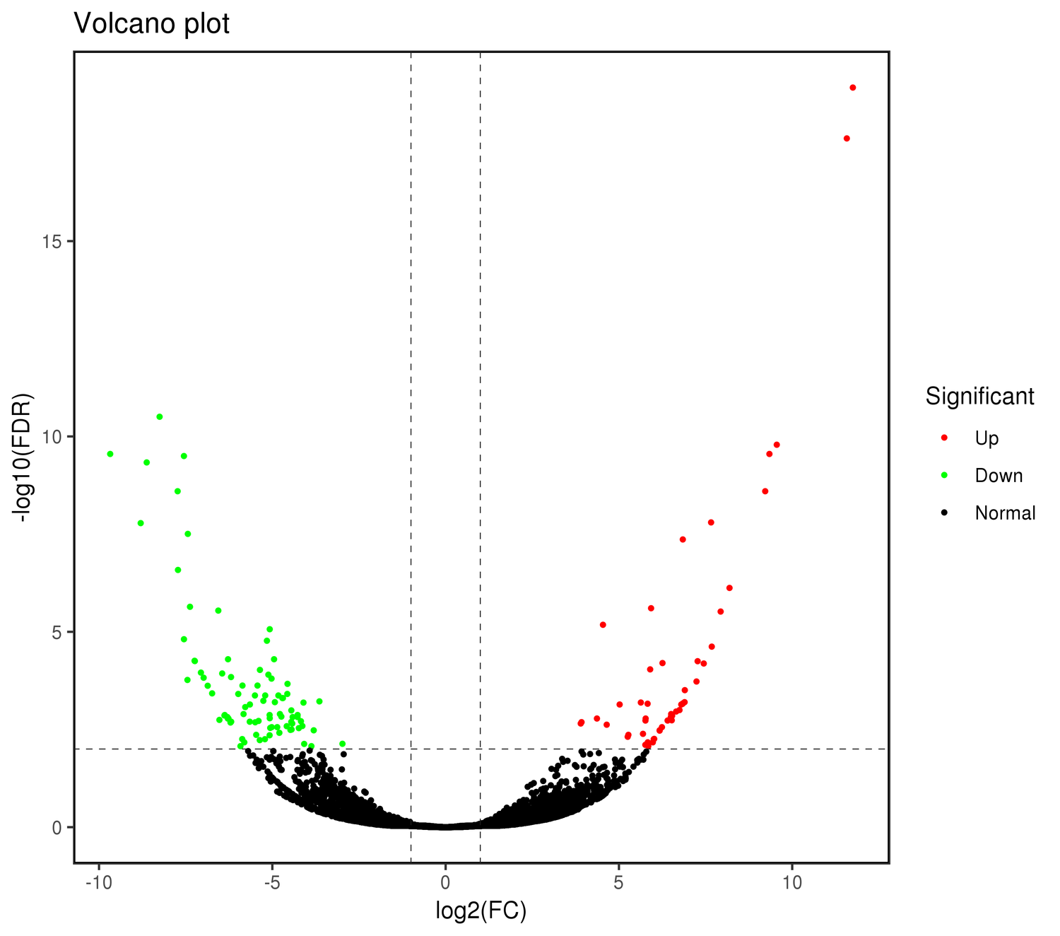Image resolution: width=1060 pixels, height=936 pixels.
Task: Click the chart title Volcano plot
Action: pyautogui.click(x=152, y=24)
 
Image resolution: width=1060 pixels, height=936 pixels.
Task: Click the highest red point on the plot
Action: pyautogui.click(x=852, y=88)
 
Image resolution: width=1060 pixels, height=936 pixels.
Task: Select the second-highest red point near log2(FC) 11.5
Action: pyautogui.click(x=847, y=139)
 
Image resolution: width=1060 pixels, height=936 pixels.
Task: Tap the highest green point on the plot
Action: pyautogui.click(x=160, y=417)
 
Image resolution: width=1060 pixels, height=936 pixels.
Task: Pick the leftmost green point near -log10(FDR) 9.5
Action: pyautogui.click(x=110, y=454)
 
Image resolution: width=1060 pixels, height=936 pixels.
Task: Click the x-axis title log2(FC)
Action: pyautogui.click(x=481, y=911)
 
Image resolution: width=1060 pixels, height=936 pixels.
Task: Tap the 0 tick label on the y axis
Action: pyautogui.click(x=57, y=827)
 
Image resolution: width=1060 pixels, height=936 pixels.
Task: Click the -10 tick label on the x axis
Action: pyautogui.click(x=98, y=884)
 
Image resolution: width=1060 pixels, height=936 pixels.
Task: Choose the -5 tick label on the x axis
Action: pyautogui.click(x=272, y=884)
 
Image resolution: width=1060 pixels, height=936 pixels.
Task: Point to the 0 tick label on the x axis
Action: pyautogui.click(x=445, y=884)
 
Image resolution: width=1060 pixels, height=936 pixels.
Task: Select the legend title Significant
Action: pyautogui.click(x=979, y=397)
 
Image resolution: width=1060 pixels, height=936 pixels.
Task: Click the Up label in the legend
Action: pyautogui.click(x=987, y=438)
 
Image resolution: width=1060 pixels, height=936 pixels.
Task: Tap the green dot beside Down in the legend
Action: pyautogui.click(x=944, y=476)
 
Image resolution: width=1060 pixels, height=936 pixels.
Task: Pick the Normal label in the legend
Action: pyautogui.click(x=1005, y=513)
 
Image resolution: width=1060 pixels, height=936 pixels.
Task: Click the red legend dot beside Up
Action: pyautogui.click(x=944, y=438)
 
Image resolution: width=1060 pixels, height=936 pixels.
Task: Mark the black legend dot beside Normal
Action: pyautogui.click(x=944, y=513)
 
